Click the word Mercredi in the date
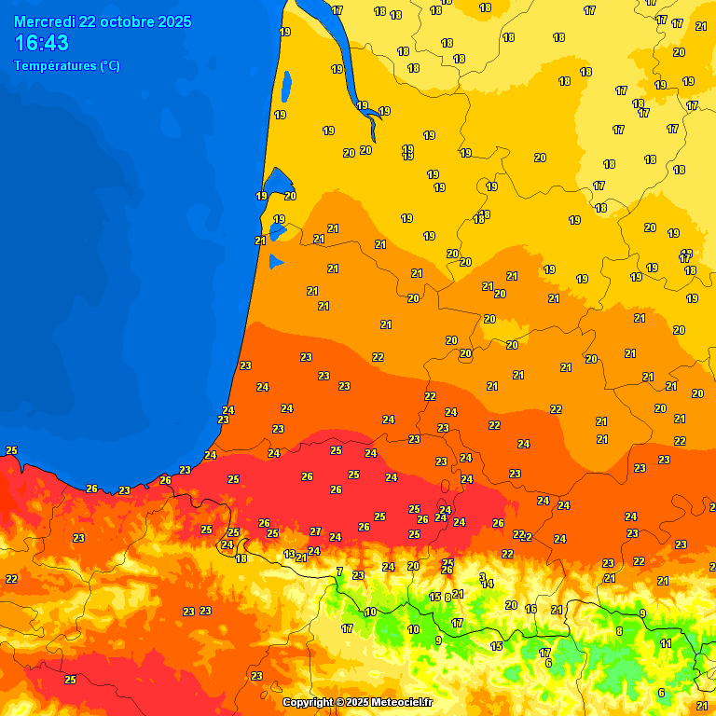coord(43,21)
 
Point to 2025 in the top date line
coord(176,21)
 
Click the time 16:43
coord(41,43)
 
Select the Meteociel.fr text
coord(403,702)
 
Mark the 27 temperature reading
coord(315,531)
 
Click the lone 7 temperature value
coord(339,571)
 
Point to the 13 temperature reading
coord(289,554)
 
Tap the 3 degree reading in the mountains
coord(482,576)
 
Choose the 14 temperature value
coord(488,585)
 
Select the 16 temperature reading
coord(531,609)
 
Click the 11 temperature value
coord(666,643)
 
